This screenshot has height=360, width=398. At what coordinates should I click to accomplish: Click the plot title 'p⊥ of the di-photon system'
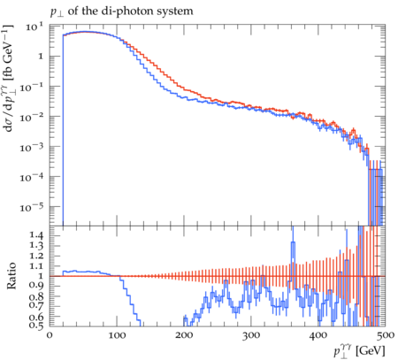coord(121,12)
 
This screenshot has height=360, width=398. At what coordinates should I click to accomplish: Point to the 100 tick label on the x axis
coord(117,335)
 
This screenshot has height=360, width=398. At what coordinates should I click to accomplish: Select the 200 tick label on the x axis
coord(184,335)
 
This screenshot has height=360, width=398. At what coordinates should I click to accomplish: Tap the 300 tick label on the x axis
coord(251,335)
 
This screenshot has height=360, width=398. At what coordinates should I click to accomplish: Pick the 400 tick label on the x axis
coord(318,335)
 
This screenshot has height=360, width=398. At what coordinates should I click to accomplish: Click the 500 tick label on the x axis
coord(386,335)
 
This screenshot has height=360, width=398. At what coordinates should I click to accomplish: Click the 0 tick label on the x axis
coord(50,335)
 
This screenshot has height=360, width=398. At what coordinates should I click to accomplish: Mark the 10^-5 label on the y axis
coord(32,207)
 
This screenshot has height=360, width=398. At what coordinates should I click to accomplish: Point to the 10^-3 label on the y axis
coord(32,147)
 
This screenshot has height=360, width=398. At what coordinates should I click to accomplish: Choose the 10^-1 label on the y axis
coord(32,87)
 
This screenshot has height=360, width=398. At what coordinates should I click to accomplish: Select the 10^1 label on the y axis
coord(34,27)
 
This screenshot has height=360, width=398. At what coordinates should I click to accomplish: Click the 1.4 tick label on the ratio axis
coord(36,235)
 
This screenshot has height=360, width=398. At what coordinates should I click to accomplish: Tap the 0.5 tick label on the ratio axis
coord(36,325)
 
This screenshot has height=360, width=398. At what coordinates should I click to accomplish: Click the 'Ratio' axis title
coord(11,276)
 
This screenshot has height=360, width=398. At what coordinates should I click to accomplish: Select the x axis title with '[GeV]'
coord(359,351)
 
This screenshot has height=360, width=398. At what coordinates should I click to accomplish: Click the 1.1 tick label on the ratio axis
coord(36,265)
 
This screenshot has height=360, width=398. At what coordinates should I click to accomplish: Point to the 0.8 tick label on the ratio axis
coord(36,296)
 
